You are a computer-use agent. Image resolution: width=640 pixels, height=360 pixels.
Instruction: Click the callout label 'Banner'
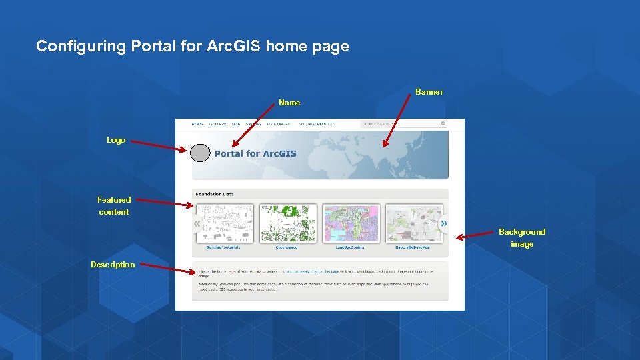[x=429, y=92]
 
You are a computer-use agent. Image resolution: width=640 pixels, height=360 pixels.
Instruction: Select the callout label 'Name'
[x=289, y=103]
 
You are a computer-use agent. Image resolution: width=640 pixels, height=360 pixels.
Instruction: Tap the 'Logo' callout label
[x=116, y=140]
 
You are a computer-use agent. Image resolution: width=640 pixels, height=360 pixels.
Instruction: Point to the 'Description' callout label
[x=113, y=265]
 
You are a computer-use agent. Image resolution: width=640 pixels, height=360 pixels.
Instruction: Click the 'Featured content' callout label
[x=114, y=205]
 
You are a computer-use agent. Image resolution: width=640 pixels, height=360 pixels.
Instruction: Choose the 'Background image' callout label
[x=522, y=238]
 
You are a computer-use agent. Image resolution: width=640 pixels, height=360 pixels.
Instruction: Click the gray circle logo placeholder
[x=201, y=153]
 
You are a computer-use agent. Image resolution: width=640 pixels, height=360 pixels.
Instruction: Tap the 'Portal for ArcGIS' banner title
[x=255, y=154]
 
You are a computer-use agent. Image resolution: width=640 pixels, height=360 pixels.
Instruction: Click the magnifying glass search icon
[x=443, y=123]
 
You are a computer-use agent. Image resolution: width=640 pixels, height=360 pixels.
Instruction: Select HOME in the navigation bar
[x=198, y=124]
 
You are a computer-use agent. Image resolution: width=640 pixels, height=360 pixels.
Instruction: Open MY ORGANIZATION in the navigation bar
[x=317, y=124]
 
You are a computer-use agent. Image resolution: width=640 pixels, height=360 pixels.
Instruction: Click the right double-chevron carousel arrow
[x=444, y=223]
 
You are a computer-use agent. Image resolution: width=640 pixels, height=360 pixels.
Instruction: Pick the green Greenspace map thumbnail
[x=288, y=223]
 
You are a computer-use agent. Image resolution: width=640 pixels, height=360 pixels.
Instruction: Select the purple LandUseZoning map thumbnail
[x=351, y=223]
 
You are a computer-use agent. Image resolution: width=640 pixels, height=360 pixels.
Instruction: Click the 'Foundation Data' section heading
[x=215, y=195]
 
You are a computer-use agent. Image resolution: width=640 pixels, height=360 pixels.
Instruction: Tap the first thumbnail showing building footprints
[x=225, y=223]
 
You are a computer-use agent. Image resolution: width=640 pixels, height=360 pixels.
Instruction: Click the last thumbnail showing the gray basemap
[x=414, y=223]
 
